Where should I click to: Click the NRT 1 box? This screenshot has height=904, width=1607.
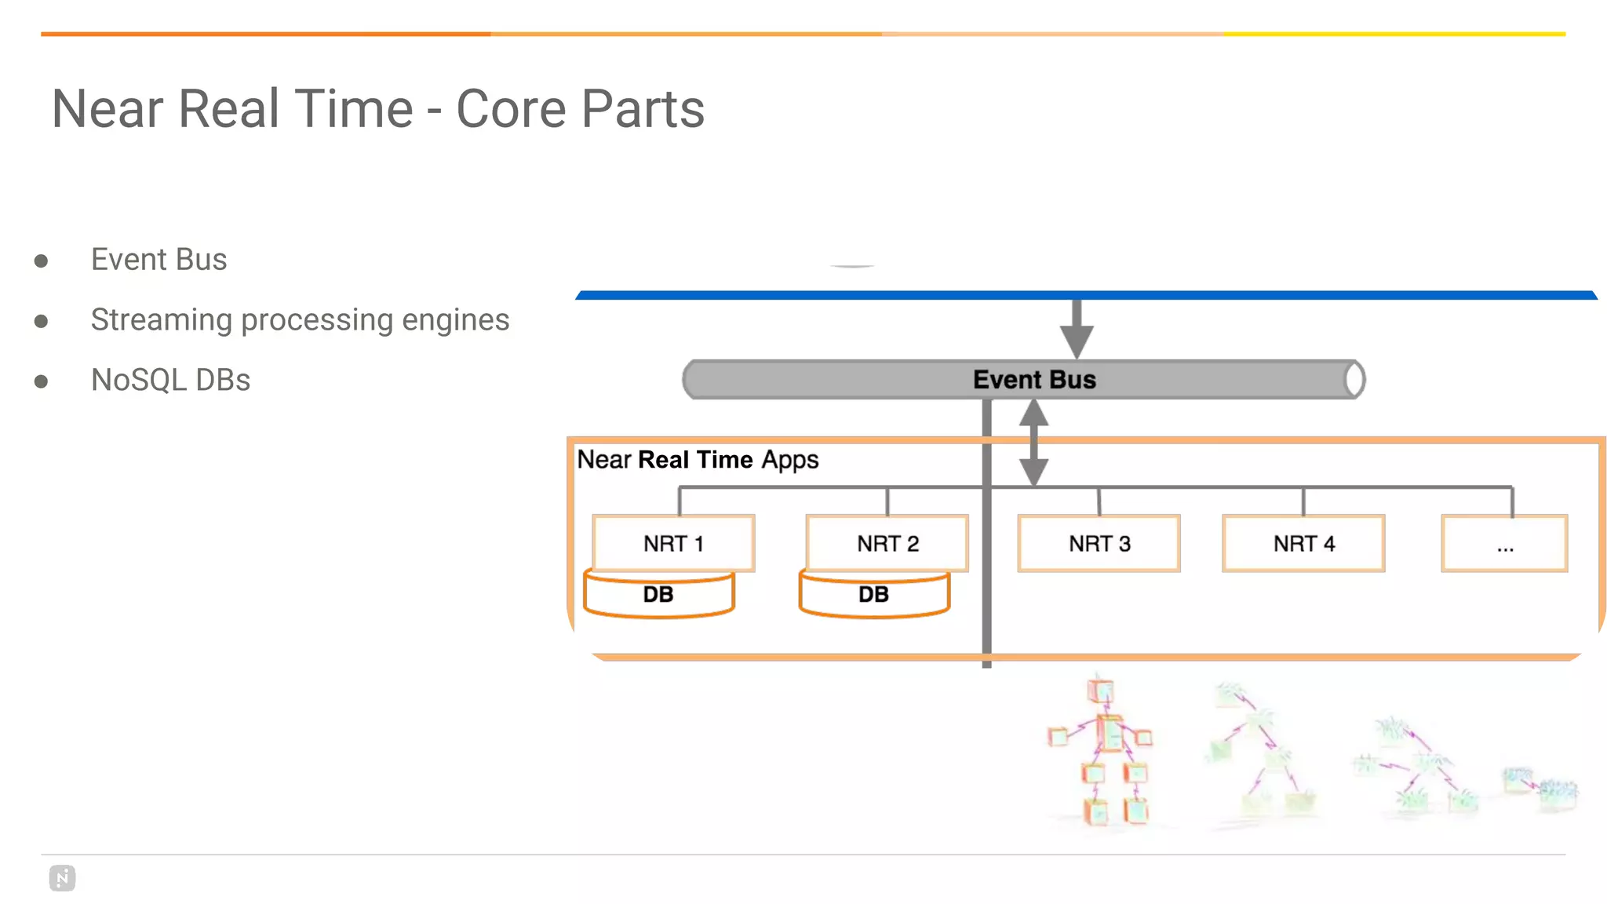[x=673, y=543]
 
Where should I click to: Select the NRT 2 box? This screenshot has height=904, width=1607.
[x=887, y=543]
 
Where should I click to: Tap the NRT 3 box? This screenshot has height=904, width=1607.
[x=1099, y=543]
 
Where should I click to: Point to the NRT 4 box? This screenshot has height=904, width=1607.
[x=1303, y=543]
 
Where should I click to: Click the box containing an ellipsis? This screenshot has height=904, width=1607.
[x=1504, y=543]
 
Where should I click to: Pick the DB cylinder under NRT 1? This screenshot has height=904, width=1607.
[x=658, y=596]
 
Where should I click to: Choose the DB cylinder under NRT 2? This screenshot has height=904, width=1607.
[x=874, y=596]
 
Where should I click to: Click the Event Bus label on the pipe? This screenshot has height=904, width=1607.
[x=1034, y=380]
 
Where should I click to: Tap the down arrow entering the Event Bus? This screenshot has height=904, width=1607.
[x=1077, y=330]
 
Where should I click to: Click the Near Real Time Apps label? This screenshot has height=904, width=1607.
[x=698, y=460]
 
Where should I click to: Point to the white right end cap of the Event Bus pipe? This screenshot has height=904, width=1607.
[x=1354, y=380]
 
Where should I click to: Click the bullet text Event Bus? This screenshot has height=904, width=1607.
[x=159, y=260]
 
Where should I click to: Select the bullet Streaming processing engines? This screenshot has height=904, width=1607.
[x=300, y=320]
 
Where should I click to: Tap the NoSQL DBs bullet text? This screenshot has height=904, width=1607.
[x=170, y=381]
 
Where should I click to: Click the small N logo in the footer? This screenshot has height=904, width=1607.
[x=63, y=878]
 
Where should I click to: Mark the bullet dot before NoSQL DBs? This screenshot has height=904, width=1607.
[x=42, y=381]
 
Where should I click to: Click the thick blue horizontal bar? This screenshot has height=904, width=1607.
[x=1086, y=295]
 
